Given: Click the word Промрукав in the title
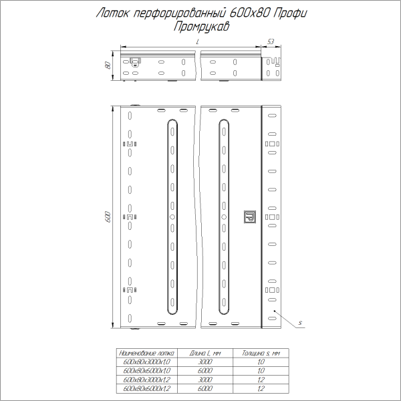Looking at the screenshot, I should pyautogui.click(x=200, y=27).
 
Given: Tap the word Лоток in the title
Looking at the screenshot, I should pyautogui.click(x=113, y=13).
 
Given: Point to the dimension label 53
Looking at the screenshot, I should pyautogui.click(x=270, y=41).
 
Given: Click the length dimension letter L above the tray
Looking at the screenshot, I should pyautogui.click(x=198, y=42).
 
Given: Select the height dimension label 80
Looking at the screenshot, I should pyautogui.click(x=107, y=65).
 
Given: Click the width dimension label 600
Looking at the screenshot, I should pyautogui.click(x=108, y=217).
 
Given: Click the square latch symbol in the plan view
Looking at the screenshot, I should pyautogui.click(x=250, y=217).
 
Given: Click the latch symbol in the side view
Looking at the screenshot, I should pyautogui.click(x=136, y=62).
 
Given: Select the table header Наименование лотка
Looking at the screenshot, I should pyautogui.click(x=145, y=352).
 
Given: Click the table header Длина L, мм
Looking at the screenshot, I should pyautogui.click(x=205, y=352).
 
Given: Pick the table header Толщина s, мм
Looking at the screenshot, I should pyautogui.click(x=260, y=352).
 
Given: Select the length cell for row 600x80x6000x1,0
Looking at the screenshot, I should pyautogui.click(x=205, y=370).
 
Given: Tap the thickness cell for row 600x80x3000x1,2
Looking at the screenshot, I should pyautogui.click(x=260, y=378).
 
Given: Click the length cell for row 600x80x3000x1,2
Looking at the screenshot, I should pyautogui.click(x=205, y=378).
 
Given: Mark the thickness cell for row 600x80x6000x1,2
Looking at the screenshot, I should pyautogui.click(x=260, y=387).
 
